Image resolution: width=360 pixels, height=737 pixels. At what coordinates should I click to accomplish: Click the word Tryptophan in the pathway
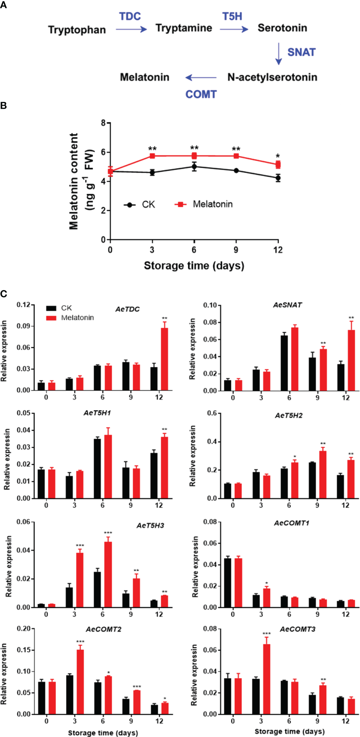pyautogui.click(x=77, y=30)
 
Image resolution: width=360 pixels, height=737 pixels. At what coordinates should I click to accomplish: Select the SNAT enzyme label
pyautogui.click(x=301, y=52)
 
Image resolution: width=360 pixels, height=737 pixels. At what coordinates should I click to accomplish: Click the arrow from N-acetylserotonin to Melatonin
pyautogui.click(x=201, y=78)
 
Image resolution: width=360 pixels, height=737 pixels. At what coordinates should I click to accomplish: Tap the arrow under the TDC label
pyautogui.click(x=131, y=29)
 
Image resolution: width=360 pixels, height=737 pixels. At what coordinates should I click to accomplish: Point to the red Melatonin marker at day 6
pyautogui.click(x=194, y=156)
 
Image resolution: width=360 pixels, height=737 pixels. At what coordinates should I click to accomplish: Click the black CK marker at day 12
pyautogui.click(x=278, y=178)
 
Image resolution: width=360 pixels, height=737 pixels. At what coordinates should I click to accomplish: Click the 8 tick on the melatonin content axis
pyautogui.click(x=103, y=123)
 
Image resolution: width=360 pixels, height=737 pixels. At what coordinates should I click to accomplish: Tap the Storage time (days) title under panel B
pyautogui.click(x=194, y=266)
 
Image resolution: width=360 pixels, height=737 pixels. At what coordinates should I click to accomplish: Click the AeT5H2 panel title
pyautogui.click(x=289, y=416)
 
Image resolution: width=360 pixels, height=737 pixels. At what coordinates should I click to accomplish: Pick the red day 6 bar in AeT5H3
pyautogui.click(x=108, y=575)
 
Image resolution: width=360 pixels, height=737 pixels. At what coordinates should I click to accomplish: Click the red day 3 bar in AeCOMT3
pyautogui.click(x=266, y=679)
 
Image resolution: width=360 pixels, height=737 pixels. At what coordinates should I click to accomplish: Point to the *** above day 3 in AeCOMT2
pyautogui.click(x=80, y=642)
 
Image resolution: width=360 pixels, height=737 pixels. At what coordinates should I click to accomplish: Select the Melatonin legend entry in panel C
pyautogui.click(x=70, y=318)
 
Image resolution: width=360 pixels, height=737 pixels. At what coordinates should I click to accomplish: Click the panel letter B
pyautogui.click(x=3, y=105)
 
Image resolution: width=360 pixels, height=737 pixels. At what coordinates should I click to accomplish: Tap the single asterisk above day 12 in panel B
pyautogui.click(x=278, y=156)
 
